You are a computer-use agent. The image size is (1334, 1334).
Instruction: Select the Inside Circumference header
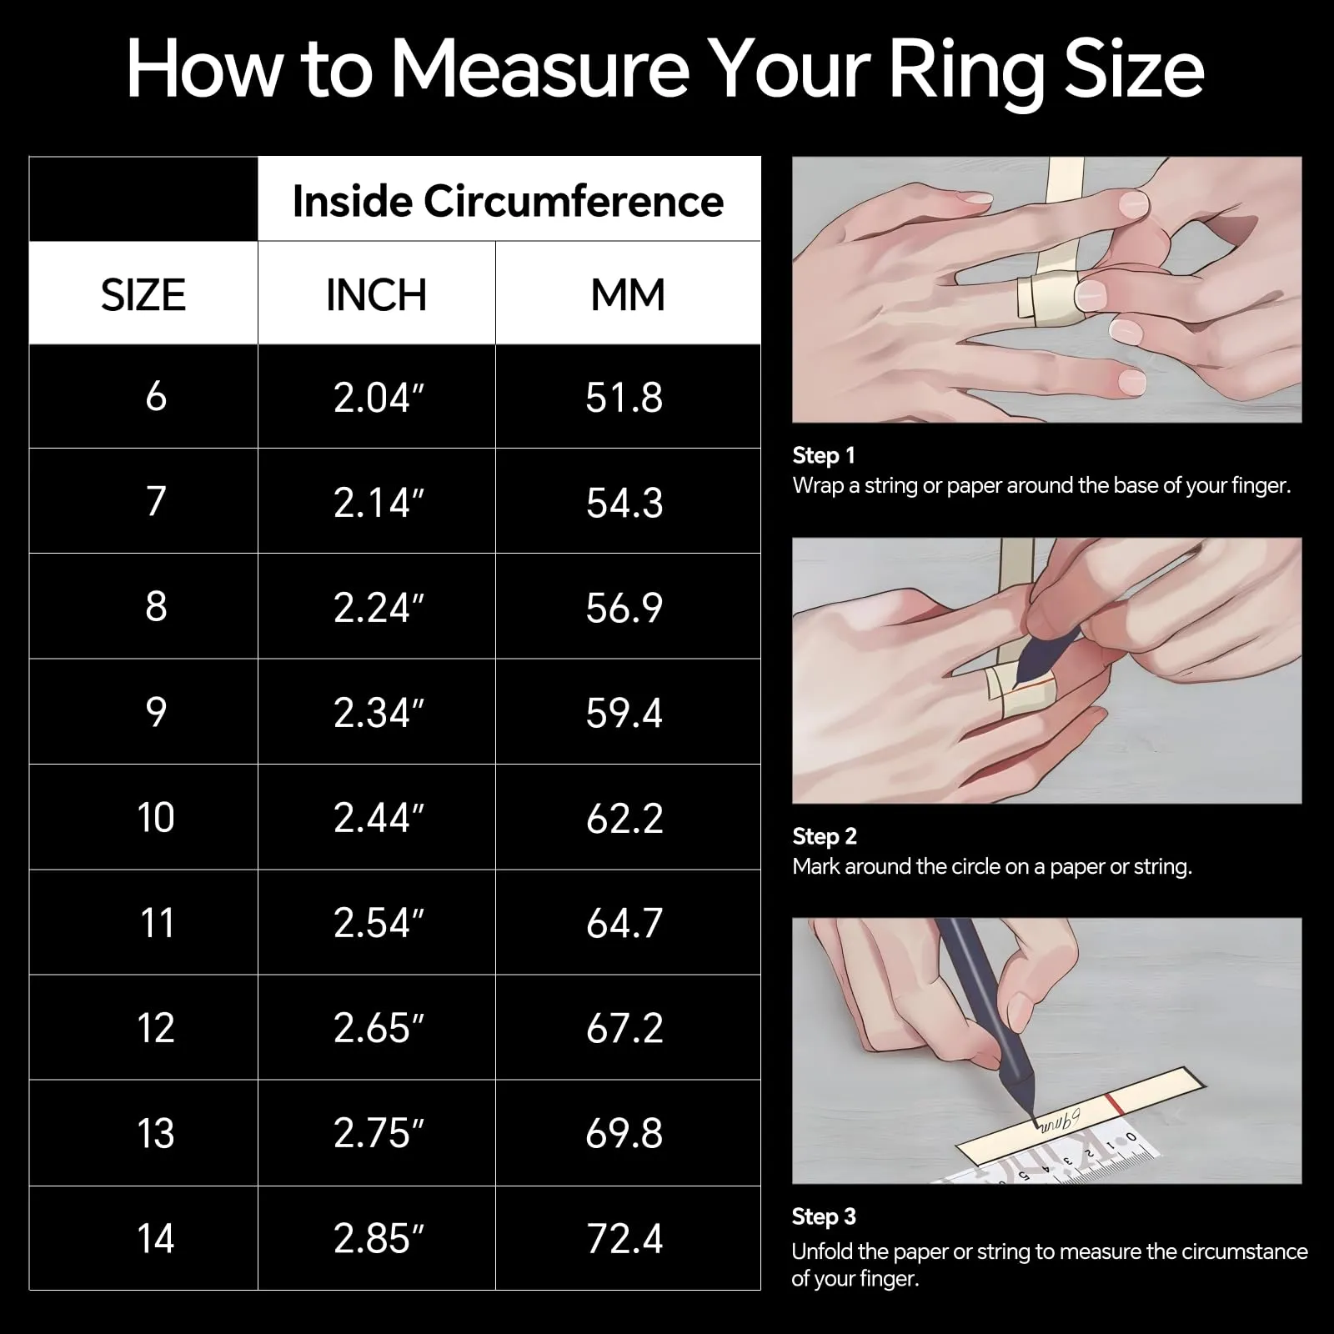(508, 201)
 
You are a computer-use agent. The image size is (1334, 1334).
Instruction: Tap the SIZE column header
(143, 295)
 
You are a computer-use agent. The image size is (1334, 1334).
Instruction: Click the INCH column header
(376, 295)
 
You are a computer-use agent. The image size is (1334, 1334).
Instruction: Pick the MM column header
(628, 295)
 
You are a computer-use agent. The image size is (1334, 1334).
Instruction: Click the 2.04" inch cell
(379, 397)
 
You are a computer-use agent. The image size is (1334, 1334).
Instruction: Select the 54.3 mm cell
(624, 503)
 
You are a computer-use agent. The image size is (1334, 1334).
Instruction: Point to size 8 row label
(156, 606)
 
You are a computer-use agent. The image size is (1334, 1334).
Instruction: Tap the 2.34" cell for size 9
(379, 713)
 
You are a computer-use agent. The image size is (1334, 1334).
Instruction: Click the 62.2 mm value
(624, 818)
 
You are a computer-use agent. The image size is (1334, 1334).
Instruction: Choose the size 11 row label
(157, 923)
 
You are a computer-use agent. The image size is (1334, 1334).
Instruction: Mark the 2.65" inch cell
(379, 1028)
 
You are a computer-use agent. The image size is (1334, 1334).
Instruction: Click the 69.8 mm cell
(624, 1133)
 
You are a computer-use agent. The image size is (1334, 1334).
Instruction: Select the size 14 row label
(156, 1238)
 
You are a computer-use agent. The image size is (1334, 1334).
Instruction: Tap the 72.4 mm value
(624, 1238)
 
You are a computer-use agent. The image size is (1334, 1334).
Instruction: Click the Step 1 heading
(824, 455)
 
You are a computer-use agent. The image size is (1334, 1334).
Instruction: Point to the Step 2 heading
(825, 836)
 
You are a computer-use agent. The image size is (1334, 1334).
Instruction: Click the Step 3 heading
(824, 1216)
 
